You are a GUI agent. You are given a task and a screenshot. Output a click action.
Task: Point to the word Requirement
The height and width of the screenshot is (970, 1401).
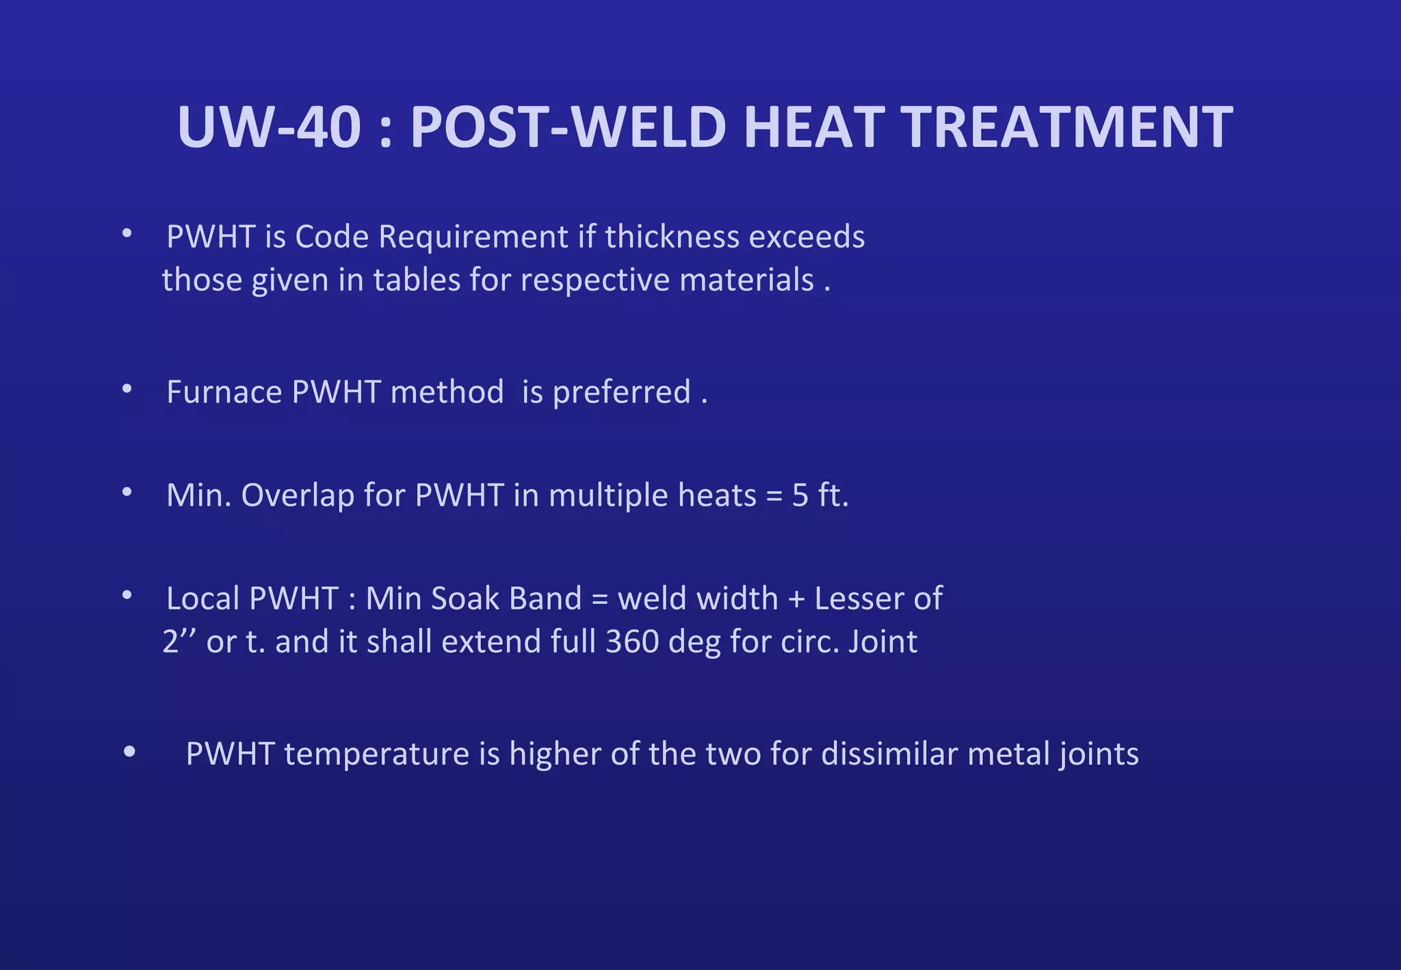pyautogui.click(x=473, y=237)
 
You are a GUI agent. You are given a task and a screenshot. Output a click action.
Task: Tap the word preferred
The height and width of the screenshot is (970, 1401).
pyautogui.click(x=621, y=392)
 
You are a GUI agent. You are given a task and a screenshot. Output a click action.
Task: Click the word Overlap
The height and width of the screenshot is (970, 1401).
pyautogui.click(x=297, y=495)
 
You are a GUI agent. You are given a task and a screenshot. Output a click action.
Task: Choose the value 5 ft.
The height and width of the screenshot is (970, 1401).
pyautogui.click(x=820, y=495)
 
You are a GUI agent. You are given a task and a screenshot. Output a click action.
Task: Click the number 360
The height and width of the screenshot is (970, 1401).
pyautogui.click(x=632, y=642)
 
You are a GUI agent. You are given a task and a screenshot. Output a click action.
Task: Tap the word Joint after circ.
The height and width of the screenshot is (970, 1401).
pyautogui.click(x=882, y=642)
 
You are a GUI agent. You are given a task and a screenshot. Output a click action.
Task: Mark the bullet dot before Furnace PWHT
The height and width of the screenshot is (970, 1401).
pyautogui.click(x=127, y=389)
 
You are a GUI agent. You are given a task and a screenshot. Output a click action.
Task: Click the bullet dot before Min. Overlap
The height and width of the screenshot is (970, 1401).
pyautogui.click(x=127, y=492)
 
